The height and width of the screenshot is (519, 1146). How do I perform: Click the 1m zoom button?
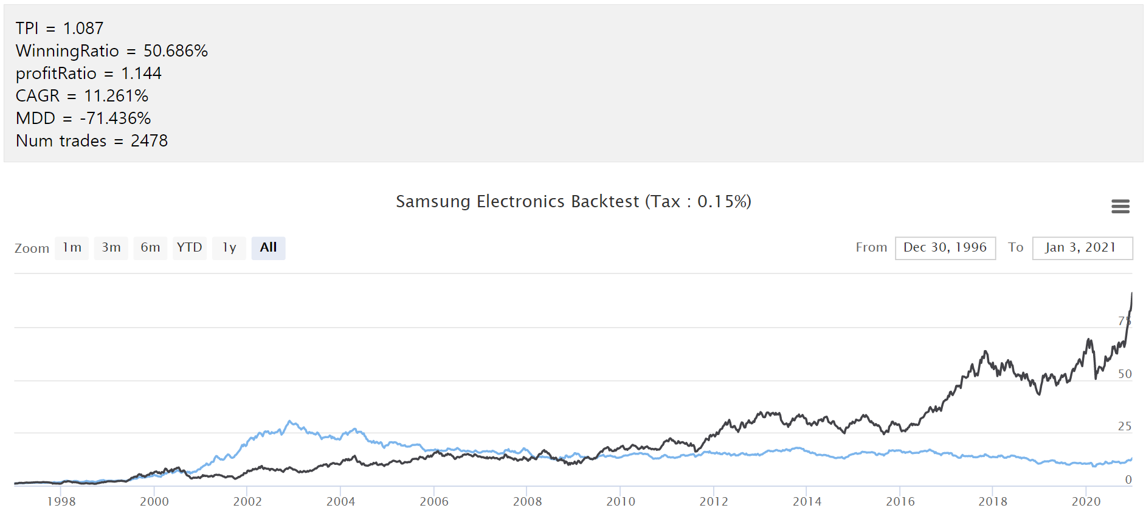(72, 248)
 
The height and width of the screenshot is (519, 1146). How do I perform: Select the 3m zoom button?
(111, 248)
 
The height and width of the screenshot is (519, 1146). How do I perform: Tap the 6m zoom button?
(150, 248)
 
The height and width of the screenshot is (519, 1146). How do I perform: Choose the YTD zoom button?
(189, 248)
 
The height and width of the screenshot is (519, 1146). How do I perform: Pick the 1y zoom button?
(229, 248)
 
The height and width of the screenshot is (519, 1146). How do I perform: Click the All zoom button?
(268, 248)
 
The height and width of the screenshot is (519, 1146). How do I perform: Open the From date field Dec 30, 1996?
(945, 248)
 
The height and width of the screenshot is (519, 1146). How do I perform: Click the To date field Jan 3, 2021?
(1082, 248)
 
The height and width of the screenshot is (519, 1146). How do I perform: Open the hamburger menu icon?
(1120, 207)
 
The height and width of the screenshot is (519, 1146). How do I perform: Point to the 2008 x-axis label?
(527, 502)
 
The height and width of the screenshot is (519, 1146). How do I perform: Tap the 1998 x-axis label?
(61, 502)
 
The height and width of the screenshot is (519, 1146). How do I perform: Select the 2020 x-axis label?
(1086, 502)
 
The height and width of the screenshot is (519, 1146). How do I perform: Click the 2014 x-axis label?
(807, 502)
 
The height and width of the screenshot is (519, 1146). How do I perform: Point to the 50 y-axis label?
(1125, 374)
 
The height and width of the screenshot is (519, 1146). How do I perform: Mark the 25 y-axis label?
(1125, 427)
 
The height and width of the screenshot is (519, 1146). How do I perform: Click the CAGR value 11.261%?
(116, 96)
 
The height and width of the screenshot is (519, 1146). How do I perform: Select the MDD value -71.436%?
(115, 119)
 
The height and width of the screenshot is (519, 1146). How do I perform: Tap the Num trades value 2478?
(149, 141)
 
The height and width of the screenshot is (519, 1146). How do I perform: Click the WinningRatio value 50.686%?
(175, 51)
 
